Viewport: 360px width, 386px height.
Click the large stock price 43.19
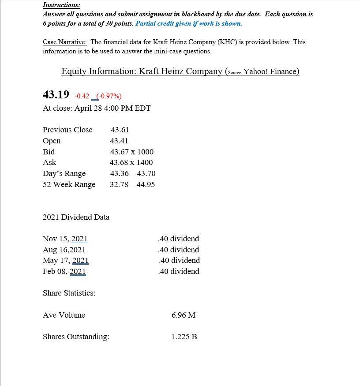tap(56, 94)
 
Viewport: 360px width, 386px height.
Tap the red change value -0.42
tap(82, 96)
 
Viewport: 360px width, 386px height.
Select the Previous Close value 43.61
tap(120, 130)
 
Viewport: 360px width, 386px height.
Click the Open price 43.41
tap(119, 141)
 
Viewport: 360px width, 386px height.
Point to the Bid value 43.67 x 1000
tap(132, 152)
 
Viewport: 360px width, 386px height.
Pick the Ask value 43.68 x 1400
tap(131, 162)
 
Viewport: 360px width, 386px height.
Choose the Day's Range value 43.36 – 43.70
tap(133, 173)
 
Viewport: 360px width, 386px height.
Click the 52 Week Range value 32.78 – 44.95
tap(132, 184)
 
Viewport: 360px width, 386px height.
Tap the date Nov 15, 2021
tap(65, 239)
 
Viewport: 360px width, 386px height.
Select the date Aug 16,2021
tap(64, 250)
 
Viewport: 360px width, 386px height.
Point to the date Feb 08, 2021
tap(64, 271)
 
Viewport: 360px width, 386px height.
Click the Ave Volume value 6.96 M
tap(184, 315)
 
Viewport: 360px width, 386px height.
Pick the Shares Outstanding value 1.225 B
tap(184, 337)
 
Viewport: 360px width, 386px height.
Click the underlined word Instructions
tap(61, 5)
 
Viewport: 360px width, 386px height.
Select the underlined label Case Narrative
tap(65, 42)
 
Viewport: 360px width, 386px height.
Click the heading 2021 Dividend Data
tap(76, 217)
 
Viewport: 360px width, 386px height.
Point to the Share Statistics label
tap(69, 293)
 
